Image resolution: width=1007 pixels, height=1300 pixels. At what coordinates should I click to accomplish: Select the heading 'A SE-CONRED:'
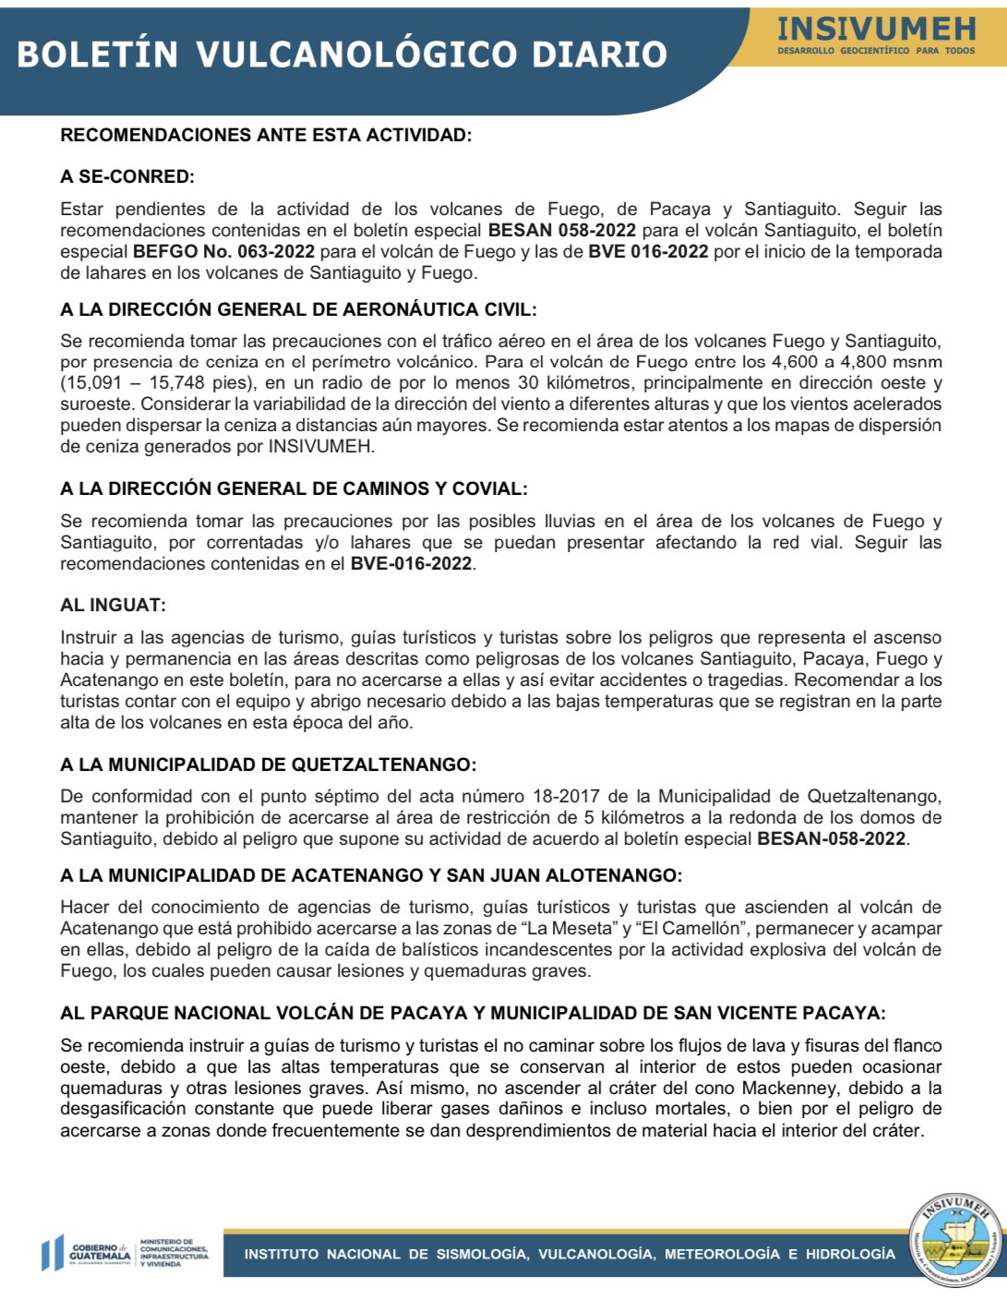[127, 176]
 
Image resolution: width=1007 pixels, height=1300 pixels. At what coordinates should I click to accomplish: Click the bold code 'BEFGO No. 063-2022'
[223, 251]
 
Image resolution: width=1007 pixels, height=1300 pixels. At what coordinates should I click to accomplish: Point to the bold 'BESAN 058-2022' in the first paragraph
[562, 230]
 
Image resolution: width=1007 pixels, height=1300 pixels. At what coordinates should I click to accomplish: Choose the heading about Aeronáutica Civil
[298, 309]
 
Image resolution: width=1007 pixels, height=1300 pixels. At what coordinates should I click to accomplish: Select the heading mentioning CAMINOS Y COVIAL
[294, 488]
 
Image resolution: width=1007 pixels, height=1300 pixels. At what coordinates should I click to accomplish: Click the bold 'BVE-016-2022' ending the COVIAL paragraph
[412, 563]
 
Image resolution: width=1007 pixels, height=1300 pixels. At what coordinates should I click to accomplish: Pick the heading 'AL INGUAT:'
[113, 605]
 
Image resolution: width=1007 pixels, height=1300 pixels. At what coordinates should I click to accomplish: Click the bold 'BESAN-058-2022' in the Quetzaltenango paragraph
[831, 838]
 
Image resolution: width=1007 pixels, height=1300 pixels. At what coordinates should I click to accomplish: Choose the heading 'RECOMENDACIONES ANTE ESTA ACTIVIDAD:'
[266, 135]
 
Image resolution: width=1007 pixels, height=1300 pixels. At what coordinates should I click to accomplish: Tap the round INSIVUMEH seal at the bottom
[954, 1239]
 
